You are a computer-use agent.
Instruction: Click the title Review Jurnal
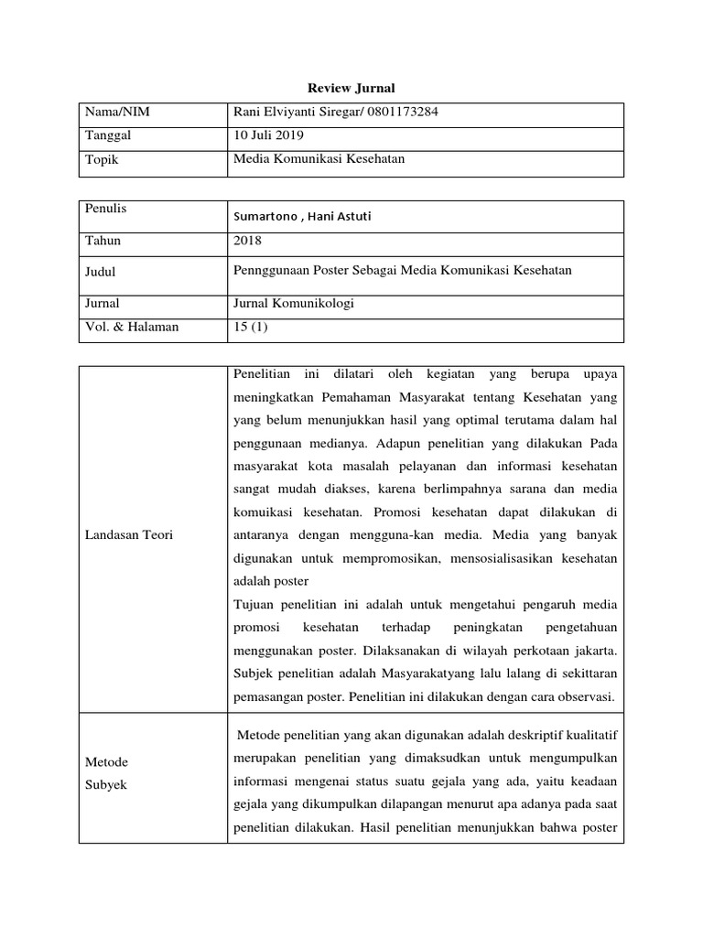click(351, 88)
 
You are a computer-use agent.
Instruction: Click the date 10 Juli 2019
click(271, 135)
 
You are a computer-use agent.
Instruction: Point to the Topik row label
click(103, 159)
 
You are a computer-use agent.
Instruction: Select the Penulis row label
click(105, 209)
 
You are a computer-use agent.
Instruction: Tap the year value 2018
click(248, 242)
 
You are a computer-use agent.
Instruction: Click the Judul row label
click(101, 272)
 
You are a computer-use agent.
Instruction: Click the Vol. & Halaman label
click(130, 327)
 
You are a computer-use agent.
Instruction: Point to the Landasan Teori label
click(129, 535)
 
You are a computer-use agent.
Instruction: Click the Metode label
click(106, 762)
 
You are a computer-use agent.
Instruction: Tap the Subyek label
click(106, 785)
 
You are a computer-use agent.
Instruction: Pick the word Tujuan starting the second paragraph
click(257, 605)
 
